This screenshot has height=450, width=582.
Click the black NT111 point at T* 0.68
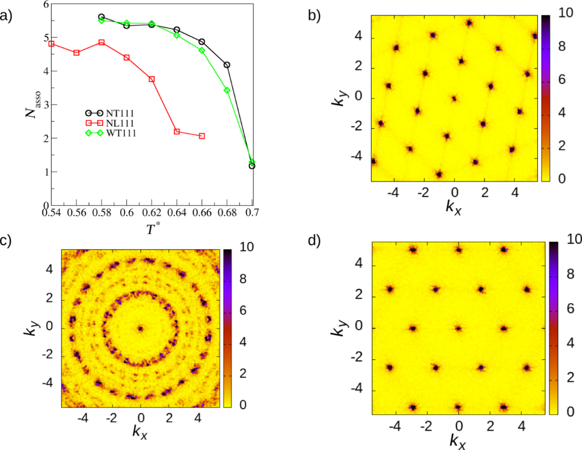pyautogui.click(x=227, y=65)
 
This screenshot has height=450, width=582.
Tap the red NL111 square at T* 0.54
pyautogui.click(x=52, y=44)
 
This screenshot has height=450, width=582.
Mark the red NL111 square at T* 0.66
pyautogui.click(x=202, y=136)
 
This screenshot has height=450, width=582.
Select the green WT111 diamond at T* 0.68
pyautogui.click(x=227, y=90)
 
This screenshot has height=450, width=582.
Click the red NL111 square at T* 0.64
pyautogui.click(x=177, y=132)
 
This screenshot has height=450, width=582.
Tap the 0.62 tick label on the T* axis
pyautogui.click(x=152, y=213)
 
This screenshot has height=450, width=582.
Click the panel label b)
pyautogui.click(x=315, y=15)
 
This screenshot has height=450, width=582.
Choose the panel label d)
pyautogui.click(x=315, y=241)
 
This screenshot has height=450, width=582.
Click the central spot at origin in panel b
pyautogui.click(x=454, y=98)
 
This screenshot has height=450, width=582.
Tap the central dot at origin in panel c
pyautogui.click(x=140, y=328)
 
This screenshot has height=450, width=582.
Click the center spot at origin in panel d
pyautogui.click(x=459, y=328)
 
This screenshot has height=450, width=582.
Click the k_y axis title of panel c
pyautogui.click(x=28, y=327)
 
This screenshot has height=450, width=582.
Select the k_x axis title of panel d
pyautogui.click(x=458, y=439)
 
